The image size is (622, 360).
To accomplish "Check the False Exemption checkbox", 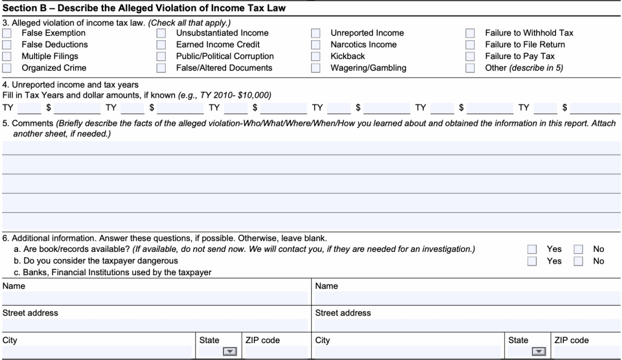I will [6, 33].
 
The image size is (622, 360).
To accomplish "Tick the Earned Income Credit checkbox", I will [161, 45].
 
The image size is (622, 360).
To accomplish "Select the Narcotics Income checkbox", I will [316, 45].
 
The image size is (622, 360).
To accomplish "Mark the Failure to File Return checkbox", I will [470, 45].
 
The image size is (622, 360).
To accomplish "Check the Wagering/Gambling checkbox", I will [316, 68].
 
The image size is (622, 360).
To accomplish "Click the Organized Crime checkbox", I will [6, 68].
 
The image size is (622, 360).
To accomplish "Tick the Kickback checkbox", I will [316, 56].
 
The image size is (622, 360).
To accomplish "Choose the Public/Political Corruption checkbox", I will [161, 56].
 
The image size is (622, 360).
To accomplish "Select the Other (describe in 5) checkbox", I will [470, 68].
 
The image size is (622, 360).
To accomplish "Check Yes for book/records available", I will [532, 249].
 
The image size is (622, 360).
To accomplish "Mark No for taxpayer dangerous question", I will [579, 261].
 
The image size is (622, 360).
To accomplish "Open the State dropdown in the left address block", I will [229, 352].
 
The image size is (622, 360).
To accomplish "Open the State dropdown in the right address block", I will [538, 352].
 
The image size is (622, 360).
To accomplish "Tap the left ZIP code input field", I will [275, 352].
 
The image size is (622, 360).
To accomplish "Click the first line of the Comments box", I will [311, 148].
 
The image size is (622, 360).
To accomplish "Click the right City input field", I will [408, 352].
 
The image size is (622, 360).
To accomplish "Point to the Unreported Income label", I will [367, 33].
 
